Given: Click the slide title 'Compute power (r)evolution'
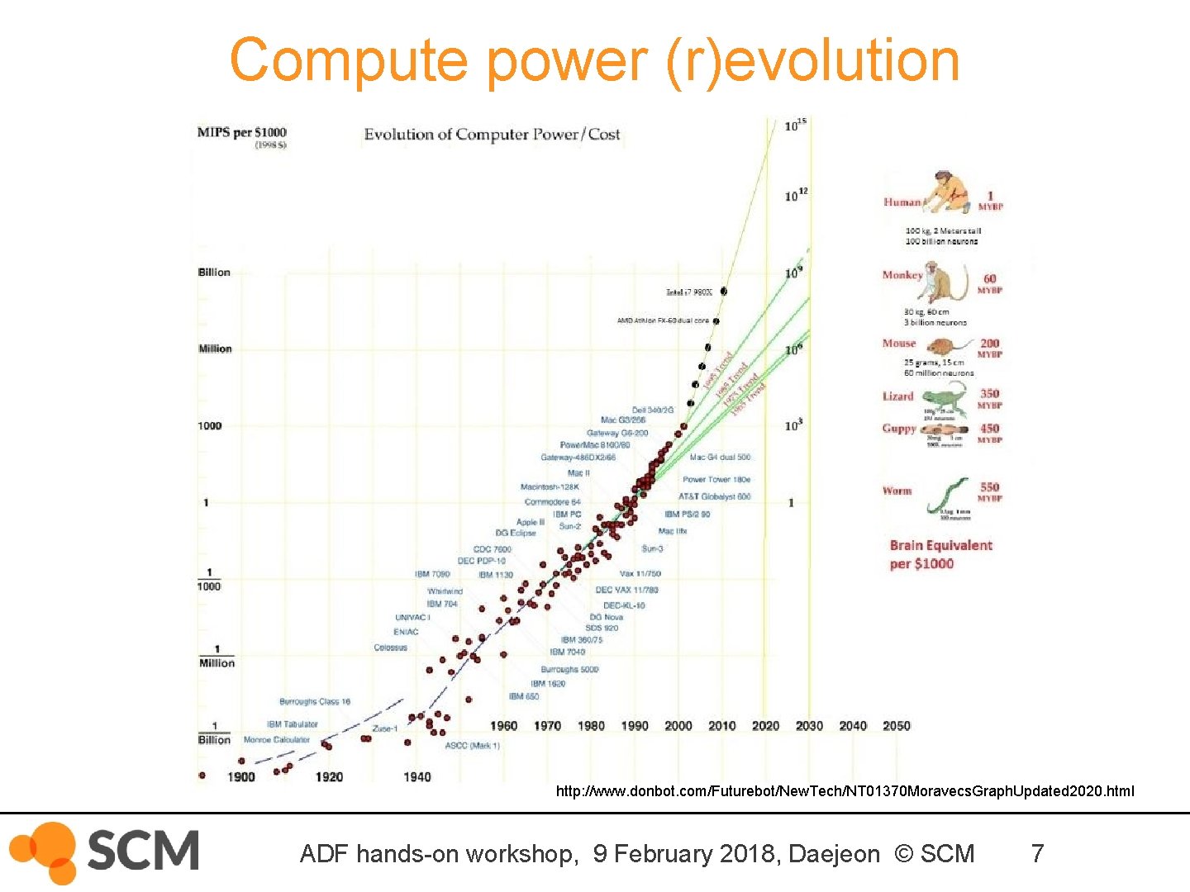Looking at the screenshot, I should pos(594,60).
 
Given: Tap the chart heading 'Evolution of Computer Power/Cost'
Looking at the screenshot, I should pos(492,134).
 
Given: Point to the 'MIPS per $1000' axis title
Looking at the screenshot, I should pos(241,132).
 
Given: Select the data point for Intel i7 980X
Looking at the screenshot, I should pos(724,291).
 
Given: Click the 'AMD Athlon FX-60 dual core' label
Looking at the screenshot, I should pos(663,320).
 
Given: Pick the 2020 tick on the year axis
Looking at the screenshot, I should pos(765,725).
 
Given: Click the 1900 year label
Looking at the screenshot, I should pos(241,776).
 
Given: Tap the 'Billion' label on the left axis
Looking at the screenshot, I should pos(214,273).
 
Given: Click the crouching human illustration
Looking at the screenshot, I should pos(947,192).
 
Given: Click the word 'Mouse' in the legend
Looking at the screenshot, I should pos(899,344).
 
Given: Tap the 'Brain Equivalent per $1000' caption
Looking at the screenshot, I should pos(940,554).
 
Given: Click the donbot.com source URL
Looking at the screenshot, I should pos(845,791).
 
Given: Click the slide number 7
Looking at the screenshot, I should pos(1037,853).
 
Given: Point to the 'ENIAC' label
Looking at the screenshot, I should pos(406,632).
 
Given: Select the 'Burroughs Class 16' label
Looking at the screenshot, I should pos(315,701).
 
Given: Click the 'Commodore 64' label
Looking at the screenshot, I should pos(552,502).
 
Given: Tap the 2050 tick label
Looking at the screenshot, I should pos(896,725).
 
